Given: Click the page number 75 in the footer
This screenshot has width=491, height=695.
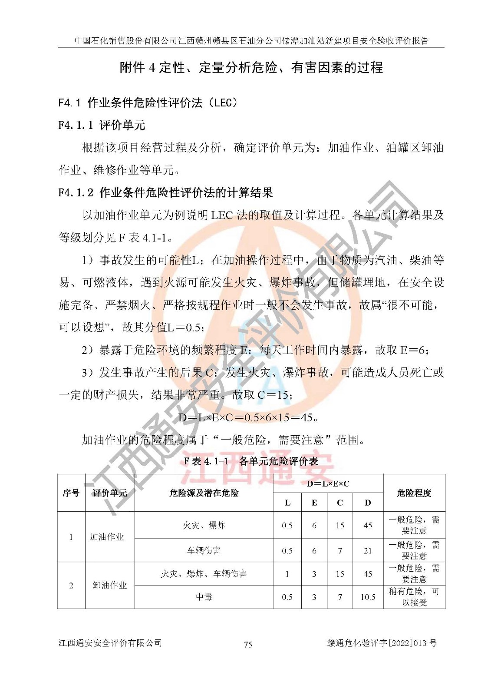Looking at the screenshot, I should pyautogui.click(x=248, y=644).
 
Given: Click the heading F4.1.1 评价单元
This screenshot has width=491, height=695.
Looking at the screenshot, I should pyautogui.click(x=102, y=126).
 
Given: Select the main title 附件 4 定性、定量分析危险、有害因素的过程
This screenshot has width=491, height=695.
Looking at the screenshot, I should pyautogui.click(x=251, y=68).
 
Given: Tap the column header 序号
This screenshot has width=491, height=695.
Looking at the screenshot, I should pyautogui.click(x=71, y=493).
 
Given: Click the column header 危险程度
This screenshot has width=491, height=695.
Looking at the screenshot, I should pyautogui.click(x=414, y=493).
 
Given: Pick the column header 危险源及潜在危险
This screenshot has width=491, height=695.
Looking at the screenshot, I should pyautogui.click(x=204, y=493).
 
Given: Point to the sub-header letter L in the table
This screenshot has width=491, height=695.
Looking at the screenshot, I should pyautogui.click(x=287, y=503).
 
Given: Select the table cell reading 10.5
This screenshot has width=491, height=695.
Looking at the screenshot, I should pyautogui.click(x=368, y=597).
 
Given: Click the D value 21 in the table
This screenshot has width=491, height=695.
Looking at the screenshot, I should pyautogui.click(x=368, y=551).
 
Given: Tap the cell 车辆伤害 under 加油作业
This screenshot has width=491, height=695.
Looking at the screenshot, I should pyautogui.click(x=204, y=551).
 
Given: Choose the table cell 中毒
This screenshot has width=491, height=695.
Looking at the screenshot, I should pyautogui.click(x=204, y=597).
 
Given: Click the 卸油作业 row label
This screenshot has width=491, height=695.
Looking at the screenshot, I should pyautogui.click(x=110, y=586).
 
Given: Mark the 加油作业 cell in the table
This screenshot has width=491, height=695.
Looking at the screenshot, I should pyautogui.click(x=107, y=537).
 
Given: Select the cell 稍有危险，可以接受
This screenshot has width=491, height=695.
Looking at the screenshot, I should pyautogui.click(x=414, y=597).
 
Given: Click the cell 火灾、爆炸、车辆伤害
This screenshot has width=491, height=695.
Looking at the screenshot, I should pyautogui.click(x=204, y=574).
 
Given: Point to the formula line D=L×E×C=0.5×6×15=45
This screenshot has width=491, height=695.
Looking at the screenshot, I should pyautogui.click(x=249, y=418).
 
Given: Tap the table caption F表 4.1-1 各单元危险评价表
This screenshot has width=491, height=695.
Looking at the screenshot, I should pyautogui.click(x=250, y=461).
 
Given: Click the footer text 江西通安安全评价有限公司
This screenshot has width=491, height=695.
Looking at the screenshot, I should pyautogui.click(x=110, y=643).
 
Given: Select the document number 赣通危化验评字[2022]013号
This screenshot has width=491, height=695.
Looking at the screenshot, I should pyautogui.click(x=382, y=643).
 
